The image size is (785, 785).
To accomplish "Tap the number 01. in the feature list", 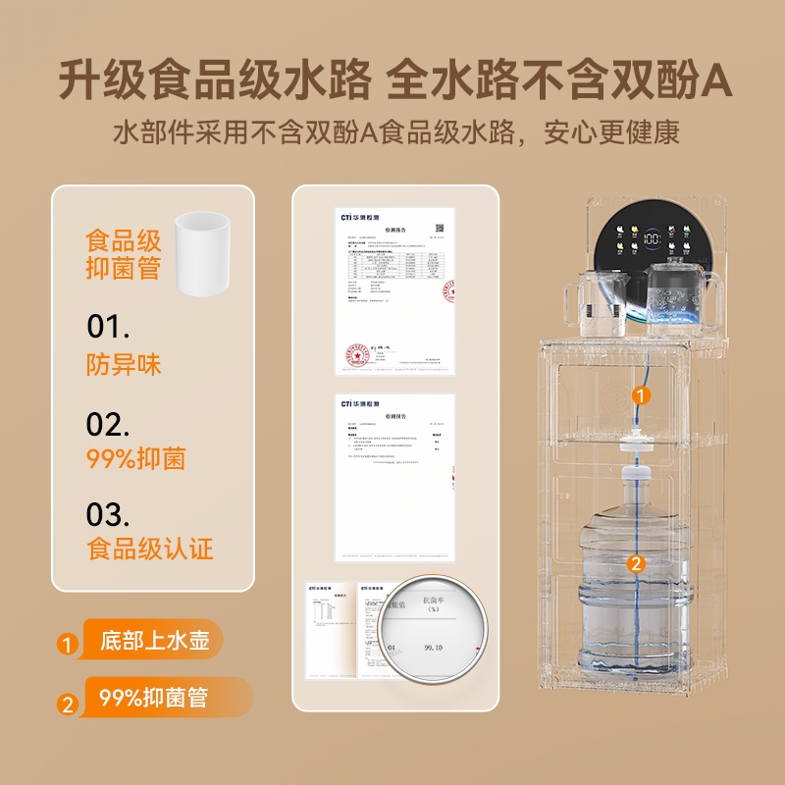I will click(x=108, y=326).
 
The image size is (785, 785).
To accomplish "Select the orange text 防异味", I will click(x=124, y=365).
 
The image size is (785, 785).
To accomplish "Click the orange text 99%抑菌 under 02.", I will click(x=136, y=458).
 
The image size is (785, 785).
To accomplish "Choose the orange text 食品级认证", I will click(x=150, y=548).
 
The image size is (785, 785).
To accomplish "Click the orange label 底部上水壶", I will click(x=154, y=643).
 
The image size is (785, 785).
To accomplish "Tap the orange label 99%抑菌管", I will click(x=154, y=698).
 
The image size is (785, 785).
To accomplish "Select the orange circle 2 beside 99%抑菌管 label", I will click(x=67, y=702).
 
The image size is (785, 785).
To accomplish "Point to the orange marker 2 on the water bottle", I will click(x=636, y=563).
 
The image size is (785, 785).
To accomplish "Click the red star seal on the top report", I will click(x=353, y=357).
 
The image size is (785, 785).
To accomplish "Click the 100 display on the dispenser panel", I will click(x=651, y=237).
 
